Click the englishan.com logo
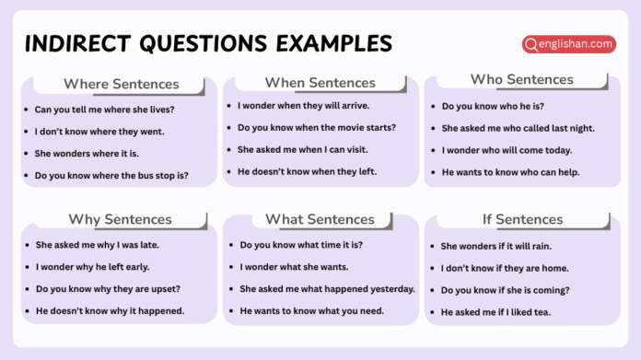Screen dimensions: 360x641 tap(568, 43)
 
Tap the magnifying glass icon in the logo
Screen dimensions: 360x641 tap(531, 43)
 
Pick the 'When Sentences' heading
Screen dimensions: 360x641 tap(320, 83)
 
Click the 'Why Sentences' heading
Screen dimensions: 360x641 tap(120, 219)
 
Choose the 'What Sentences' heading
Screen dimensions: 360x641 tap(320, 219)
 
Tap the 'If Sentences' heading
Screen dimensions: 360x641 tap(522, 219)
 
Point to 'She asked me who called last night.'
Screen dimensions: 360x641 tap(518, 128)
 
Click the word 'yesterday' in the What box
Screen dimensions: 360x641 tap(390, 289)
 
